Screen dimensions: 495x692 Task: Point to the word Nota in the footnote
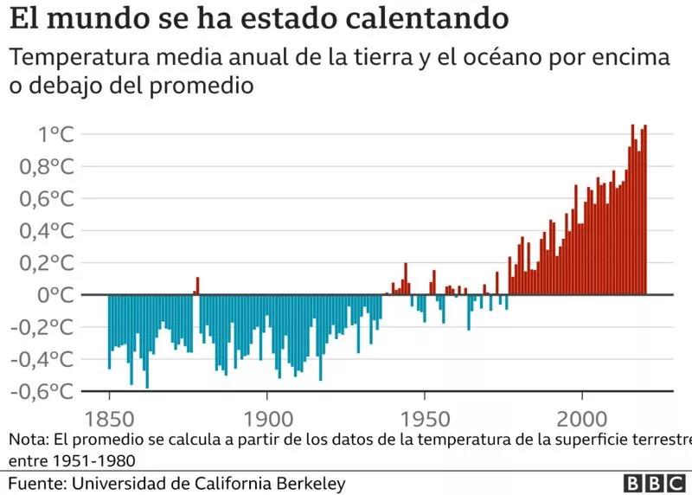click(31, 440)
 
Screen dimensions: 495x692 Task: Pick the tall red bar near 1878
click(197, 286)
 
